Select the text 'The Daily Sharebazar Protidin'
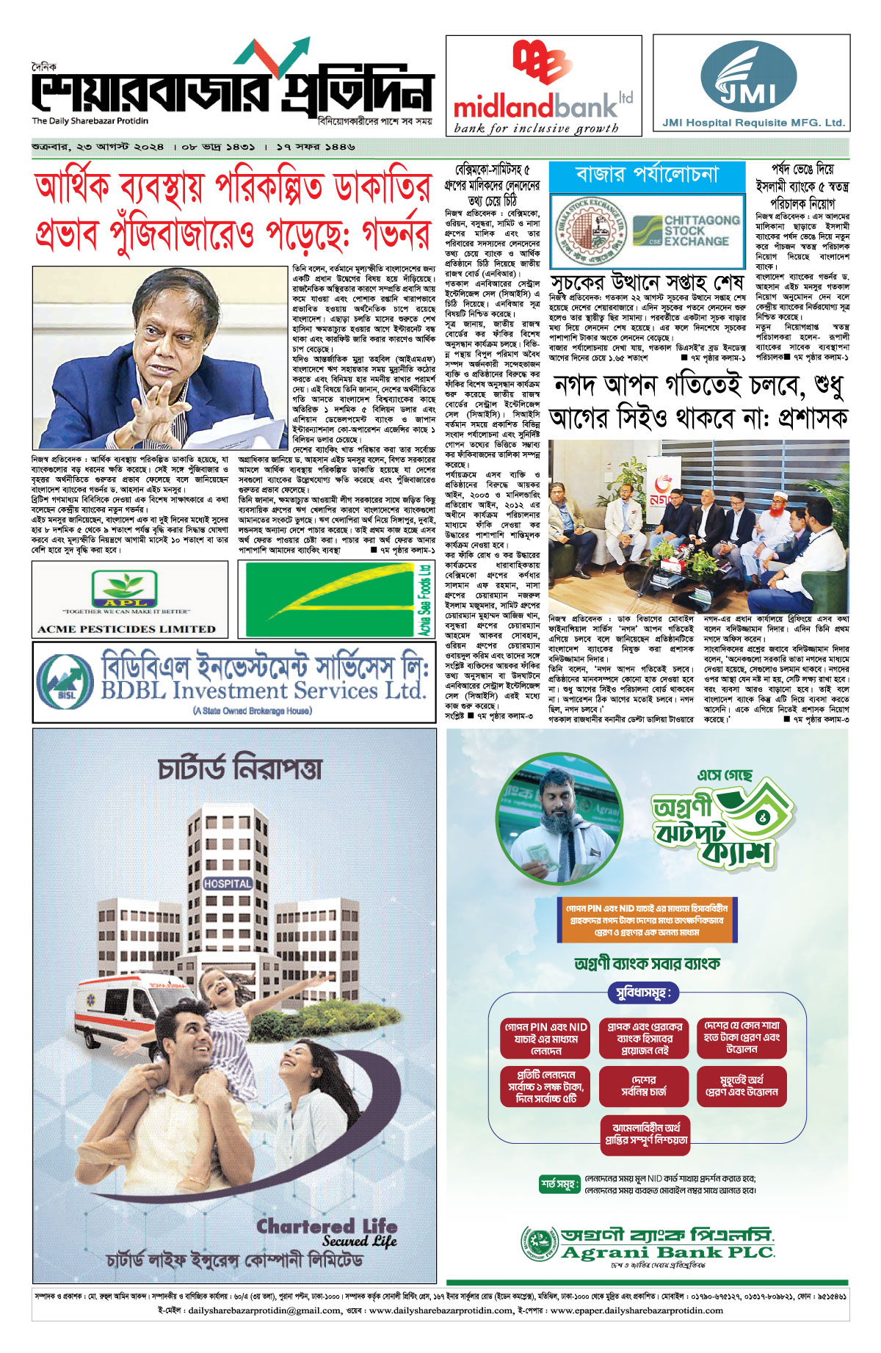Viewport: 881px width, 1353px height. [90, 121]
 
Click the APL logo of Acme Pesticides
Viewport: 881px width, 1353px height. [124, 590]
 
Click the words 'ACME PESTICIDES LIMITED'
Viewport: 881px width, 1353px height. [127, 629]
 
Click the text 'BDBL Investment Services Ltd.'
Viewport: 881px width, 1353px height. [264, 691]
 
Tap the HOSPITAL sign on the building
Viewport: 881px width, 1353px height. [228, 884]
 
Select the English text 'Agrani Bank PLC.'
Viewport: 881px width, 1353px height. [667, 1252]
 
